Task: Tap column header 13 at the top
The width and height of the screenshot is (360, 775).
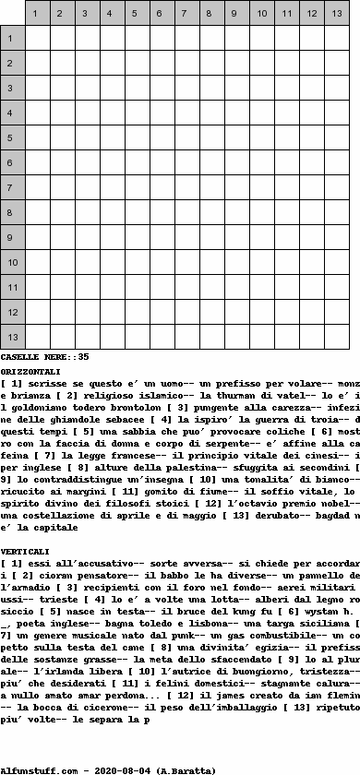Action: click(336, 14)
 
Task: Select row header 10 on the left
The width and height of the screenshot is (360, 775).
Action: click(12, 263)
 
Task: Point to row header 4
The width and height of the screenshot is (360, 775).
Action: click(12, 113)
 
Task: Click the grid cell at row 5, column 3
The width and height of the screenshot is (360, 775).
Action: click(84, 137)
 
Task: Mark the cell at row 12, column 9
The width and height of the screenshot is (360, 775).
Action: click(235, 313)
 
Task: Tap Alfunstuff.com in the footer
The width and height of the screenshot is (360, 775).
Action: click(37, 768)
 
